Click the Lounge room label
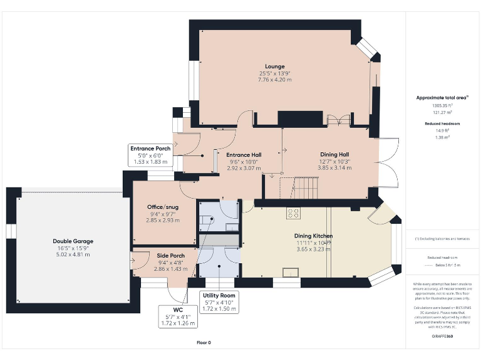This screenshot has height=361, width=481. (x=274, y=66)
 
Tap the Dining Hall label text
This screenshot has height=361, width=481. (x=334, y=154)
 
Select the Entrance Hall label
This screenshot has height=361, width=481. (x=244, y=155)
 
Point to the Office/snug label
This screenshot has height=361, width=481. (x=162, y=207)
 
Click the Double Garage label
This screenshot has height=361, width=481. (x=73, y=241)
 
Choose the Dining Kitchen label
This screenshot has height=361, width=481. (x=313, y=236)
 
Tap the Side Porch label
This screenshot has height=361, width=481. (x=162, y=256)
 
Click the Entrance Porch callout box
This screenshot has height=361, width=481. (x=150, y=155)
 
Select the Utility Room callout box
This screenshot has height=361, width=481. (x=219, y=301)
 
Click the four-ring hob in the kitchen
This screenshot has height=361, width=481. (x=292, y=213)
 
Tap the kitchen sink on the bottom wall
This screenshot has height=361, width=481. (x=291, y=271)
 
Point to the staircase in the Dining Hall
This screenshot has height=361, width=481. (x=294, y=185)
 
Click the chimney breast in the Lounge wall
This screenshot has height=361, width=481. (x=299, y=118)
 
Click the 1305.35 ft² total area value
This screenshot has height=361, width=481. (x=442, y=106)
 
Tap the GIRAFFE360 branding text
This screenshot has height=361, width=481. (x=442, y=337)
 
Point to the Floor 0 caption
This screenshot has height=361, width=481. (x=204, y=343)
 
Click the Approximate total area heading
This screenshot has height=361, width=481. (x=442, y=98)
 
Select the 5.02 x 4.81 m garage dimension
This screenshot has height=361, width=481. (x=73, y=254)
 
